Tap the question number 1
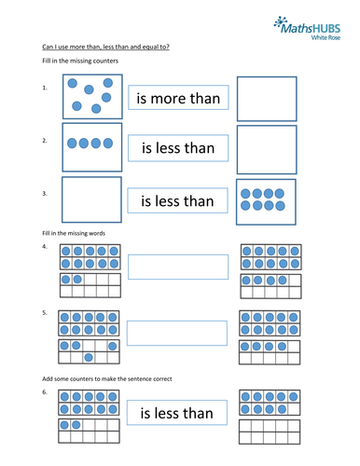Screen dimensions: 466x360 pos(45,89)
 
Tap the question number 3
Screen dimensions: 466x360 pos(45,193)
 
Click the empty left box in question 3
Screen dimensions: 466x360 pos(91,199)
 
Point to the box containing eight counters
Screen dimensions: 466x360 pos(266,199)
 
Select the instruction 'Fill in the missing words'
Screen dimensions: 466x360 pos(72,231)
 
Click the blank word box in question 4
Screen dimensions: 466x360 pos(177,267)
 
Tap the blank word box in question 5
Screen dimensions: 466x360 pos(177,334)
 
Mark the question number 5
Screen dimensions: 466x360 pos(45,313)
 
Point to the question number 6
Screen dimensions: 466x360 pos(45,393)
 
